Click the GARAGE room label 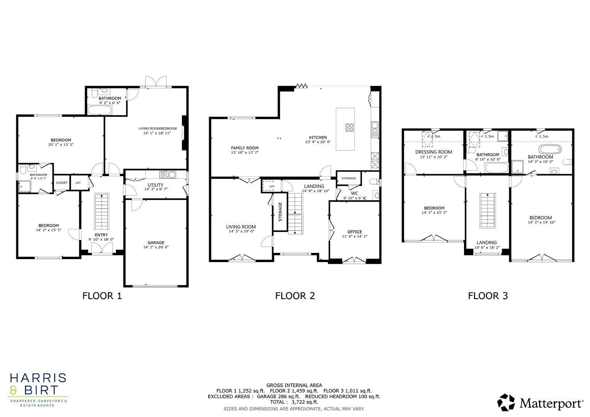tap(156, 243)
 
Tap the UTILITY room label tap(155, 185)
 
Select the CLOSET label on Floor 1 tap(61, 183)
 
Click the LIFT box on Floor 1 tap(78, 183)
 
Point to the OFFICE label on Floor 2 tap(354, 232)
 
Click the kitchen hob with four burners tap(350, 127)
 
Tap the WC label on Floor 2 tap(354, 193)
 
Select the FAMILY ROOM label tap(245, 148)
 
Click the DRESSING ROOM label tap(434, 152)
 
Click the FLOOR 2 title tap(295, 296)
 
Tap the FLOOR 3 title tap(488, 296)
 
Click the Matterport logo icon tap(506, 403)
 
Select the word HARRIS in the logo tap(38, 378)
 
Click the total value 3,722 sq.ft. tap(305, 402)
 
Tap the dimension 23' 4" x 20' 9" tap(318, 142)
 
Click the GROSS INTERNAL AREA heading tap(294, 385)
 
